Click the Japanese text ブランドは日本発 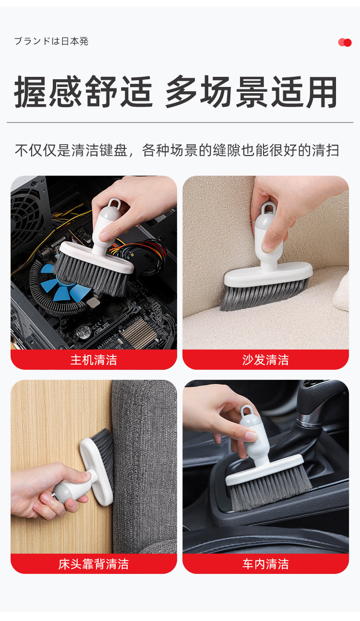pyautogui.click(x=51, y=41)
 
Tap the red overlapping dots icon pyautogui.click(x=345, y=42)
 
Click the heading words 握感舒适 pyautogui.click(x=84, y=92)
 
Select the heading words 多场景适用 pyautogui.click(x=251, y=92)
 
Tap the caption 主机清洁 pyautogui.click(x=94, y=360)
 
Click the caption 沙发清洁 pyautogui.click(x=265, y=360)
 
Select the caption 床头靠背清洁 pyautogui.click(x=94, y=564)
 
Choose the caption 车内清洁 pyautogui.click(x=265, y=564)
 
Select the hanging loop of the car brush pyautogui.click(x=248, y=412)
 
